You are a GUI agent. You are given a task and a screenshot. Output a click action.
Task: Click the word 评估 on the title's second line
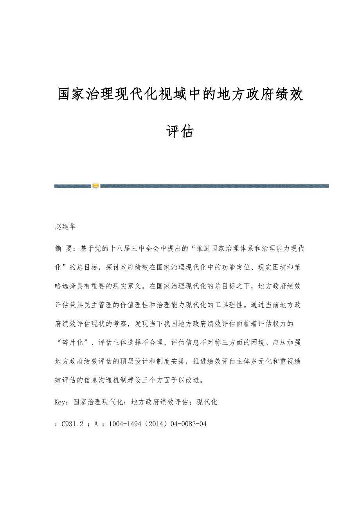tap(180, 132)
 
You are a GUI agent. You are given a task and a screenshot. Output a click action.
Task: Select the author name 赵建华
tap(65, 226)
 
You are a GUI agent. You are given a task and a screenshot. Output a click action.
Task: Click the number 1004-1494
tap(124, 423)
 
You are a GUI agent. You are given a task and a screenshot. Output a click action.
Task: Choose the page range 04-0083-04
tap(188, 423)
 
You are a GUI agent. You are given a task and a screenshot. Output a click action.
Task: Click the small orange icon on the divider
tap(95, 186)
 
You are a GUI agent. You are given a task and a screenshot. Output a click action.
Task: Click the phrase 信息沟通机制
tap(120, 380)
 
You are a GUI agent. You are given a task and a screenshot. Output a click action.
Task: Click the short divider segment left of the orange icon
tap(72, 186)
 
